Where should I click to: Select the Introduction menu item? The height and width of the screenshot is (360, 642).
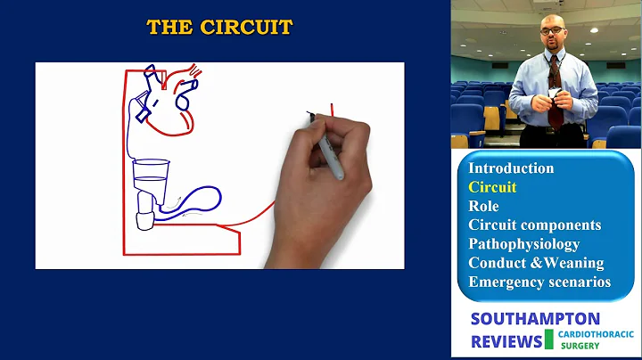click(511, 168)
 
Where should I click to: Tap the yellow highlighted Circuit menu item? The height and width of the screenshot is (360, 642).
click(492, 187)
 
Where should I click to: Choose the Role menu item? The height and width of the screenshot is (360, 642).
click(484, 206)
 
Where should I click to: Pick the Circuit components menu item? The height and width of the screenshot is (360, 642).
click(534, 225)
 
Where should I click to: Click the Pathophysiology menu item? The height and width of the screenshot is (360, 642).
click(523, 243)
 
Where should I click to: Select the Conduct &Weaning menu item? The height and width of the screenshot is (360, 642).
click(536, 263)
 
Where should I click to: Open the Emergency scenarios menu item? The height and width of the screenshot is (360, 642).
click(539, 282)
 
